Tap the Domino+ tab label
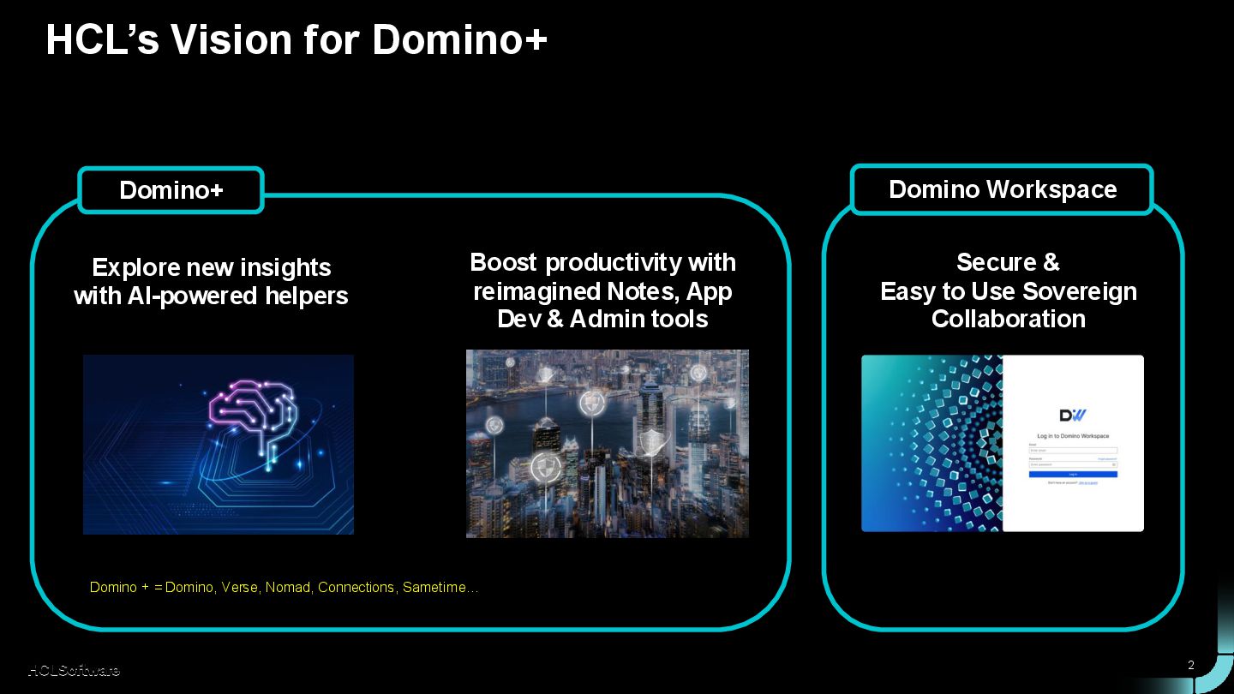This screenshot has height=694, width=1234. click(x=171, y=190)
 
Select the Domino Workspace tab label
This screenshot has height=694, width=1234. click(x=1002, y=189)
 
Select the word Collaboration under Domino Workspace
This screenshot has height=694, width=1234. click(x=1008, y=320)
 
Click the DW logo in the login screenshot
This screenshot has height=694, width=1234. click(x=1073, y=416)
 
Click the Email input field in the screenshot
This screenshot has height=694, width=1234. click(x=1073, y=451)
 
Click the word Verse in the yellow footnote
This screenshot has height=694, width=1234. click(x=239, y=588)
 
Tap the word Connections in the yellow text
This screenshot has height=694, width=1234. click(x=356, y=588)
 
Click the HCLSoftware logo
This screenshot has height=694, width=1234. click(x=74, y=670)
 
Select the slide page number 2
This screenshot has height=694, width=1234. click(x=1190, y=665)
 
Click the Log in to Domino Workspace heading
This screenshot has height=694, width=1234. click(x=1073, y=436)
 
